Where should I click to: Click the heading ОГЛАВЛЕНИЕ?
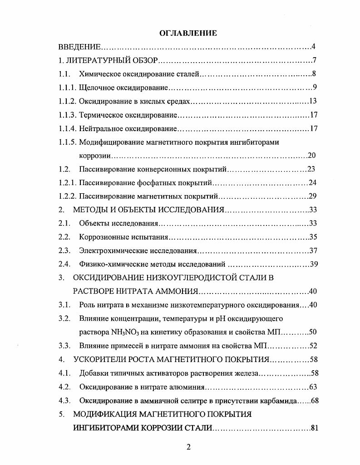tap(188, 33)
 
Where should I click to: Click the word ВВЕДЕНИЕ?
tap(79, 47)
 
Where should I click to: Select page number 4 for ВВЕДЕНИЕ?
tap(313, 47)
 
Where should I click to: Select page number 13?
tap(312, 101)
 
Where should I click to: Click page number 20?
tap(312, 156)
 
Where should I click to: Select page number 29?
tap(312, 196)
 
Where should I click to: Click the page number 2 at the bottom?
tap(189, 447)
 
